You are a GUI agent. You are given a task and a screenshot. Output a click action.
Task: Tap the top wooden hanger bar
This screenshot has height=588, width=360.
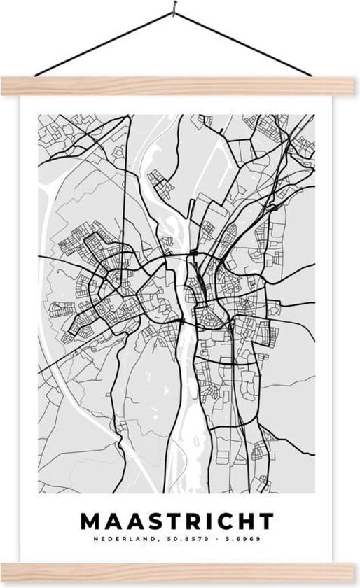(180, 85)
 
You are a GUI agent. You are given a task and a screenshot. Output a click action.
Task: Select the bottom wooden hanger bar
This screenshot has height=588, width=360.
(180, 573)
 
